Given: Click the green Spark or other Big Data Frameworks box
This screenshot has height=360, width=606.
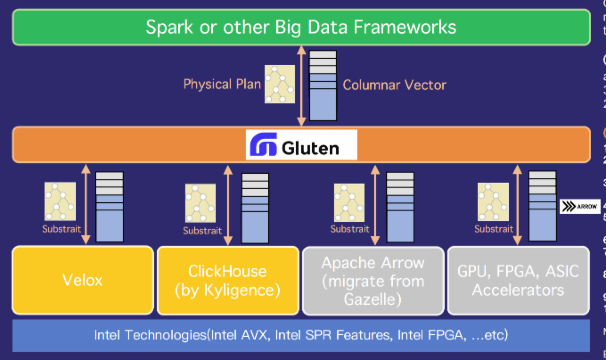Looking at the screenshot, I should coord(301,27).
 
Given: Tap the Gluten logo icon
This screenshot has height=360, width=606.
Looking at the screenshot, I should coord(264,144).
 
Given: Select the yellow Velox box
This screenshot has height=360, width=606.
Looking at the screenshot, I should coord(82,280).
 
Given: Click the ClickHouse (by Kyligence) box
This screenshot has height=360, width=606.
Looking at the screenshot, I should coord(228,280).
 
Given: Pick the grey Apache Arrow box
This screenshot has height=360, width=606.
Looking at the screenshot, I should coord(373,281).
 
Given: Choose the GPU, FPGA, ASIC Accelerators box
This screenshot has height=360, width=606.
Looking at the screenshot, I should coord(518,281).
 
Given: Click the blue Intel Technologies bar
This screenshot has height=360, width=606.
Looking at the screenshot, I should coord(301,335).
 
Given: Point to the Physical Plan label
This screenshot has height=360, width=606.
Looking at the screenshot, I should coord(222,84).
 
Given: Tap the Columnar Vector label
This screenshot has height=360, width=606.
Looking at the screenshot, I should coord(394,85).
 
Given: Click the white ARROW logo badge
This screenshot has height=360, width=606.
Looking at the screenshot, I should coord(580,207).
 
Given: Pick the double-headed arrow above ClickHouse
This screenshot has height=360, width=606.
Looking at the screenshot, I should coord(228,205).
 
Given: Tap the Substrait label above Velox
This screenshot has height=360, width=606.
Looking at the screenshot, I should coord(61,229).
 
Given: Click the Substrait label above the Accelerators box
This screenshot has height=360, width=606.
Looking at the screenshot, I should coord(494,229).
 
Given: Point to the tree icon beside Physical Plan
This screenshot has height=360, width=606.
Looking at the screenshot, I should coord(280,84).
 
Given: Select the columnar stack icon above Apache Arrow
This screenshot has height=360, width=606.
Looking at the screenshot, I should coord(400,207).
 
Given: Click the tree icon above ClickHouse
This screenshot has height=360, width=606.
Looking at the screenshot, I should coord(201,203).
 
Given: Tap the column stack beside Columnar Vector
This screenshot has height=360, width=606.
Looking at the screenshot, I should coord(323,86).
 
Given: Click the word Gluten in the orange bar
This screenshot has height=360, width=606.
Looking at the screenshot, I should coord(310,147).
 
